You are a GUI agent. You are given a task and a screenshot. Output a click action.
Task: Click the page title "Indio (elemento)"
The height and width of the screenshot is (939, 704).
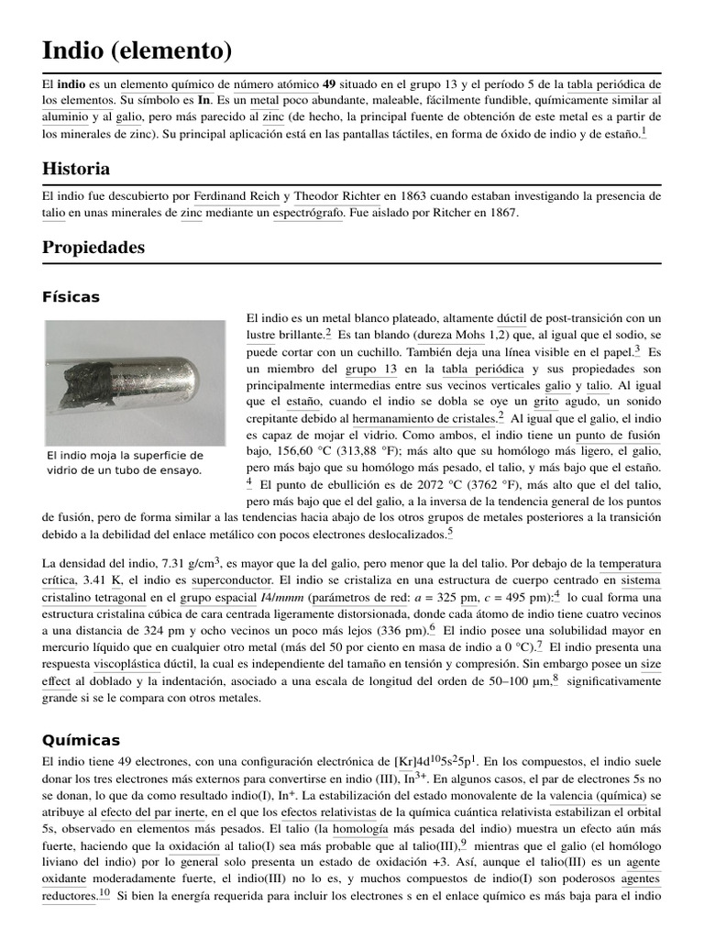pos(137,49)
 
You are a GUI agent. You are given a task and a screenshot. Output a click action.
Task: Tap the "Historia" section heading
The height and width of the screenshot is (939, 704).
pos(76,169)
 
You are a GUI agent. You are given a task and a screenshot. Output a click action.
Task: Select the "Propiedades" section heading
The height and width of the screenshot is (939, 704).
pos(93,248)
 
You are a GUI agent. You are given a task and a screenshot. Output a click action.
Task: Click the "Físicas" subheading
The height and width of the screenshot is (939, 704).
pos(71,297)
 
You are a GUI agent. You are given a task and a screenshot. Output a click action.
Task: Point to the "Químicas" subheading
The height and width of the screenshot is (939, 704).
pos(81,740)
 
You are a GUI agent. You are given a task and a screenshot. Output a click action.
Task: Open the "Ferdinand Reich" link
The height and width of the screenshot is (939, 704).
pos(236,196)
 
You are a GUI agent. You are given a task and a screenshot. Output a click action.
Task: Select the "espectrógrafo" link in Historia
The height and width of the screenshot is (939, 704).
pos(308,213)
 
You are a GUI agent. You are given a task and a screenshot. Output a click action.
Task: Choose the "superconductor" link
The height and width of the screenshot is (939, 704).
pos(231,580)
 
